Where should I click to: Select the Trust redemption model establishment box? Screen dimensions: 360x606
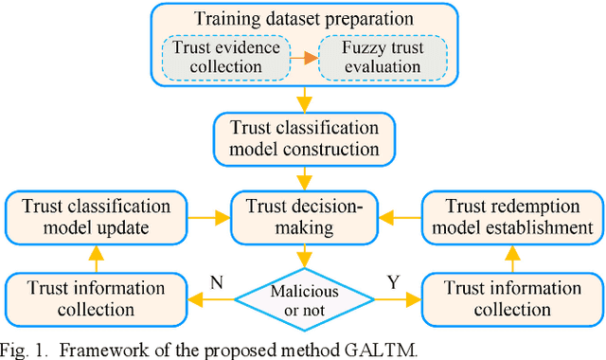pos(509,216)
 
